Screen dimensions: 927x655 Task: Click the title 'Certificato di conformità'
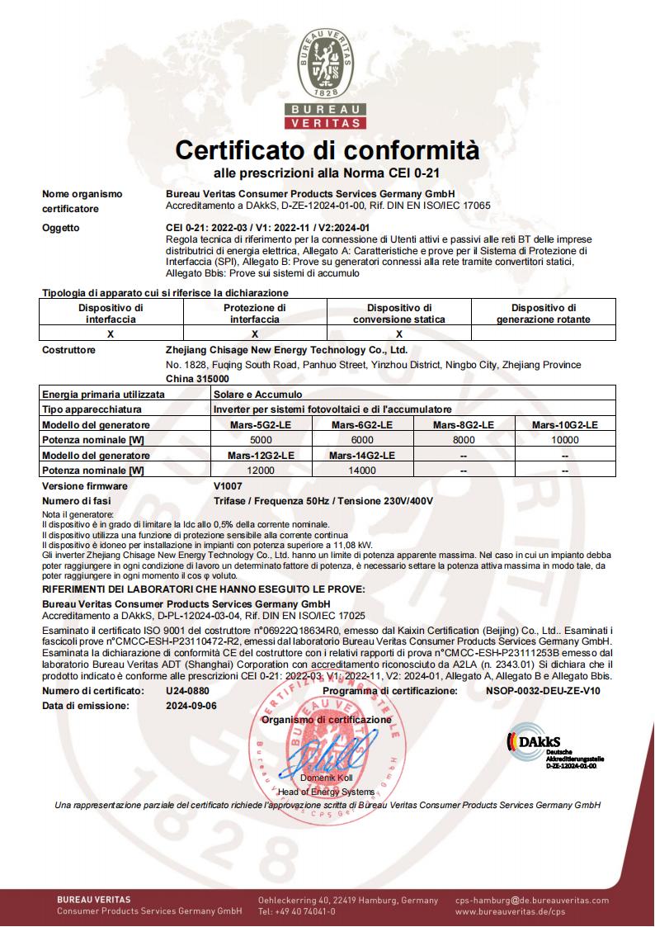(327, 151)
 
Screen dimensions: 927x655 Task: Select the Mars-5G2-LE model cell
(261, 424)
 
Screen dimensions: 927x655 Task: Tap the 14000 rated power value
(362, 471)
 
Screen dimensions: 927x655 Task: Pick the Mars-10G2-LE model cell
(564, 424)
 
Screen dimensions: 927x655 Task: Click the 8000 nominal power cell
(464, 440)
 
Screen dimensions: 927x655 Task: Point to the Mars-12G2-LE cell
(261, 456)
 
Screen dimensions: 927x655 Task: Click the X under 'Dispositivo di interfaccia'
(110, 334)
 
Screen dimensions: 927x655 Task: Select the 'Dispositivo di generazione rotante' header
(543, 313)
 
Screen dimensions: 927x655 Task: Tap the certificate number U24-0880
(186, 691)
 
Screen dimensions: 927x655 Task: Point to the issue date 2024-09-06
(191, 706)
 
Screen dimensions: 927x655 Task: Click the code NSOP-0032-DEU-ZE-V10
(543, 691)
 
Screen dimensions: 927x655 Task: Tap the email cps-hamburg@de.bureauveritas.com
(532, 901)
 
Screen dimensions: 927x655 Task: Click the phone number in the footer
(297, 912)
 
